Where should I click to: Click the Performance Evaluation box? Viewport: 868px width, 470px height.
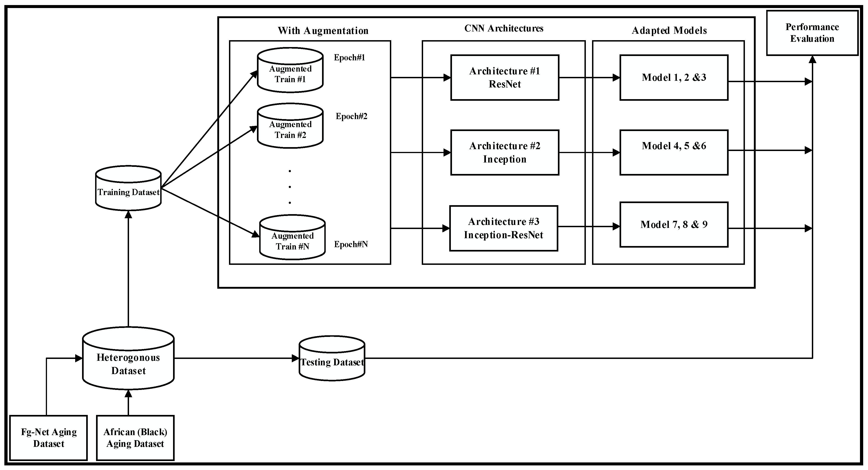812,33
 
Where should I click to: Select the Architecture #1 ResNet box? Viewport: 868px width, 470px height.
504,78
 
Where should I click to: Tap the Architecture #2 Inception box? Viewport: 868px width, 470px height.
504,153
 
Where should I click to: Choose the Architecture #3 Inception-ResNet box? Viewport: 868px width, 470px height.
503,228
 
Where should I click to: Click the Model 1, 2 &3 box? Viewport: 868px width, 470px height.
674,78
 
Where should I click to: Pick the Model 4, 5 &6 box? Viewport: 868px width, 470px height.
674,153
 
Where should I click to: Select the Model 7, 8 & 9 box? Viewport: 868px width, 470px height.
674,225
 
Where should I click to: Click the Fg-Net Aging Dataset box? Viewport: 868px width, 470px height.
49,438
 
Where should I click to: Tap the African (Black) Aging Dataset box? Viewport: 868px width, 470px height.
135,438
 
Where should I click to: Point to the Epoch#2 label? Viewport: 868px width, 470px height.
351,116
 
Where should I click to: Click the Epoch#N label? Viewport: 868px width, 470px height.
351,244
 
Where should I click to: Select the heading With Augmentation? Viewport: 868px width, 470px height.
323,31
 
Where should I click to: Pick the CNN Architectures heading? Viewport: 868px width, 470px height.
504,28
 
